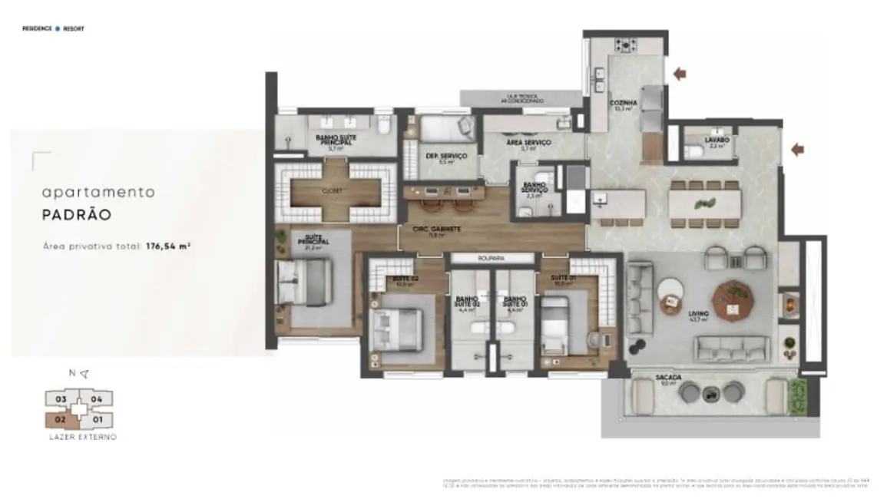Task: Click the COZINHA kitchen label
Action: coord(621,104)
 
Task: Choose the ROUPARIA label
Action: coord(491,259)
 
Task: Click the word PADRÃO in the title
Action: coord(77,215)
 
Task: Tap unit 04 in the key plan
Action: coord(97,399)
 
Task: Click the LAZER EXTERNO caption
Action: coord(80,437)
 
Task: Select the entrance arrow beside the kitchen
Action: coord(678,74)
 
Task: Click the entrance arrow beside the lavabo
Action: coord(797,149)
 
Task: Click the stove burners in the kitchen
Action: coord(627,44)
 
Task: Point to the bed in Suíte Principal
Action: coord(303,282)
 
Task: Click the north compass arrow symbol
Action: coord(84,374)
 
